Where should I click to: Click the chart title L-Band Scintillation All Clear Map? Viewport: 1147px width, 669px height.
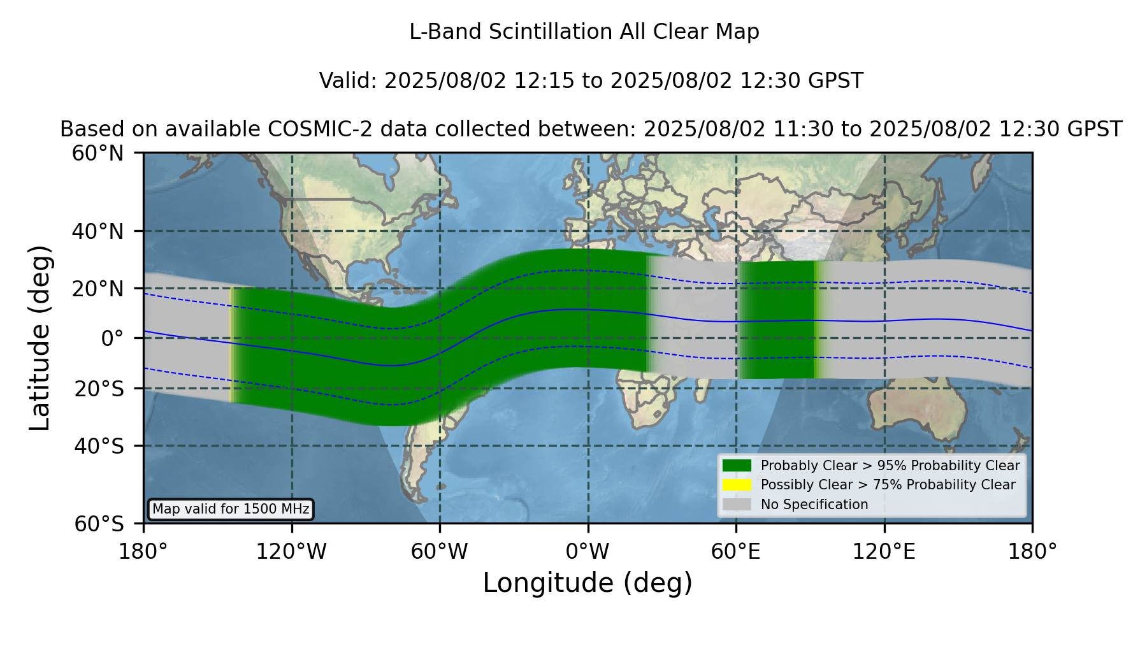(584, 32)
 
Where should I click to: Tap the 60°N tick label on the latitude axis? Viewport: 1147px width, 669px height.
(98, 154)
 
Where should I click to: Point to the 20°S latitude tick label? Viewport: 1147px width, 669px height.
(99, 389)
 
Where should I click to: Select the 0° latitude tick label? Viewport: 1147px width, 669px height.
(112, 338)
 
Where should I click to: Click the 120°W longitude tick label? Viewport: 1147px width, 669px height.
(291, 552)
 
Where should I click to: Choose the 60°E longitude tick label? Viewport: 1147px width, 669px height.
(736, 552)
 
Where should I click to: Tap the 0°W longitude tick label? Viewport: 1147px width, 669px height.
(588, 552)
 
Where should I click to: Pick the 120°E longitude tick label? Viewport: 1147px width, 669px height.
(884, 552)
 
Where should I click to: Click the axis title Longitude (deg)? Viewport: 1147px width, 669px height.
(588, 583)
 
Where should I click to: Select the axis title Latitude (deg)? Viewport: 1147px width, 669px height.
(40, 338)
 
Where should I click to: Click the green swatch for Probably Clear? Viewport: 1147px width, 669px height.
(737, 466)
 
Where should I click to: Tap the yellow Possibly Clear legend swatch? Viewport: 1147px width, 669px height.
(737, 485)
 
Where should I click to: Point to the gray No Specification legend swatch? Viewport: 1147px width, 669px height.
(737, 505)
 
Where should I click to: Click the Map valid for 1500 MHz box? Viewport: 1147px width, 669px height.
(231, 509)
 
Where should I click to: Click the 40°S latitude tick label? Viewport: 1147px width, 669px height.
(99, 446)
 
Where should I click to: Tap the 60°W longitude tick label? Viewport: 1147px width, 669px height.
(440, 552)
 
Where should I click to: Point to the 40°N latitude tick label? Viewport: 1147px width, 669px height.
(98, 231)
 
